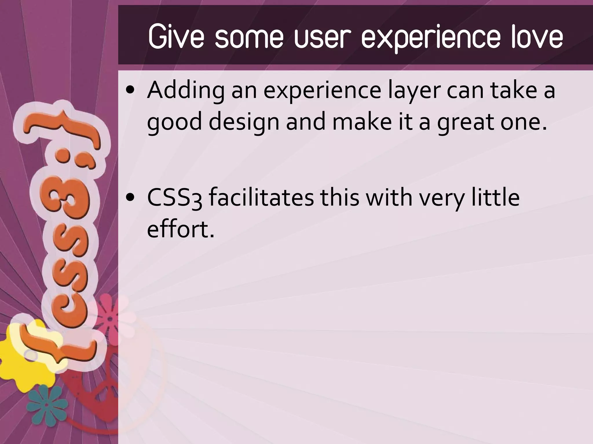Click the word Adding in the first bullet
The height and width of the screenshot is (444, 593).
[186, 90]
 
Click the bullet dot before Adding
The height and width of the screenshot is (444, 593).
[131, 91]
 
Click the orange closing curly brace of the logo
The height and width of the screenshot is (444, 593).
[62, 127]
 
